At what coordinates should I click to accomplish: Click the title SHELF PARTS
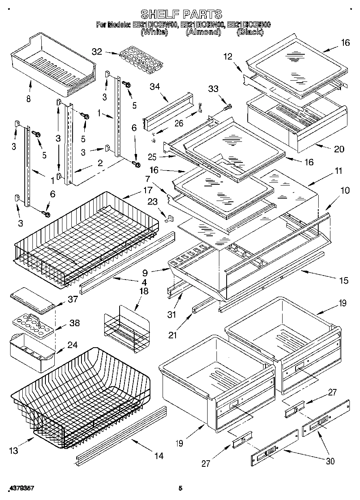pyautogui.click(x=181, y=14)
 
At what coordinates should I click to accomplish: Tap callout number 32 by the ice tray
pyautogui.click(x=97, y=51)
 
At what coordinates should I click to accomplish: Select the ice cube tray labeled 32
pyautogui.click(x=137, y=61)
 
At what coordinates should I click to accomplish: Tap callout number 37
pyautogui.click(x=73, y=299)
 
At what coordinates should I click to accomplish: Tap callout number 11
pyautogui.click(x=338, y=171)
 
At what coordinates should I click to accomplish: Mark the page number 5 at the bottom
pyautogui.click(x=180, y=489)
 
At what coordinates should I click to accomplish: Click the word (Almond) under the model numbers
pyautogui.click(x=203, y=32)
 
